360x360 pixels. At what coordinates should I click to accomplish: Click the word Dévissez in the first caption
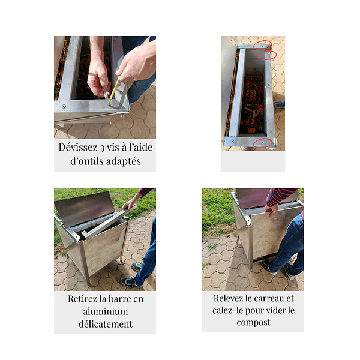pyautogui.click(x=78, y=147)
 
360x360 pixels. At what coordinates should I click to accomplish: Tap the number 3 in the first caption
pyautogui.click(x=102, y=148)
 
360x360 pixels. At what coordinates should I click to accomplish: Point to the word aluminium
pyautogui.click(x=106, y=311)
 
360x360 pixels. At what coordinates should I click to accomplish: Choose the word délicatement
pyautogui.click(x=106, y=324)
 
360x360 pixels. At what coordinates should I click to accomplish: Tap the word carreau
pyautogui.click(x=268, y=298)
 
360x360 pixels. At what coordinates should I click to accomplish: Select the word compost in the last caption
pyautogui.click(x=253, y=323)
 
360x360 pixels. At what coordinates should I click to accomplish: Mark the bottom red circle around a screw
pyautogui.click(x=263, y=143)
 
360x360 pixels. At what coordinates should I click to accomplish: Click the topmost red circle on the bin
pyautogui.click(x=263, y=45)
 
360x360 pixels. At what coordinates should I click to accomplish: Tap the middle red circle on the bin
pyautogui.click(x=267, y=55)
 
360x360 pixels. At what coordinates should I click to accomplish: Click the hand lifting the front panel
pyautogui.click(x=271, y=209)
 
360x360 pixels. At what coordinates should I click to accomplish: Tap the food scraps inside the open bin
pyautogui.click(x=253, y=105)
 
